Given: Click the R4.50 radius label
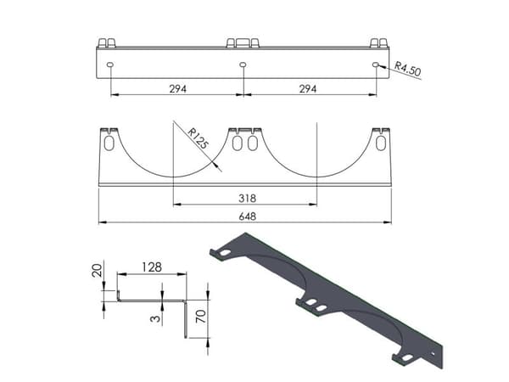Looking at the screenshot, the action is (x=408, y=69).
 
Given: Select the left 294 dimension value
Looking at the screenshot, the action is (x=178, y=88).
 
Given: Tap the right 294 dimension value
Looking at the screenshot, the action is (x=308, y=88).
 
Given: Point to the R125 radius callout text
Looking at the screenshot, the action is (x=198, y=138).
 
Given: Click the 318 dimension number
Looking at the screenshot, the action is (x=248, y=198).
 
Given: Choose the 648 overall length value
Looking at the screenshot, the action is (x=248, y=216).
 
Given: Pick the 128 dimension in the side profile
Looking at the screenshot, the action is (x=152, y=267).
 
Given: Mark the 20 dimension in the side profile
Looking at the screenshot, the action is (x=97, y=270).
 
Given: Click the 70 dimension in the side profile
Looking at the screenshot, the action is (x=201, y=316).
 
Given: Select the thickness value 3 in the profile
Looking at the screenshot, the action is (x=155, y=318).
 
